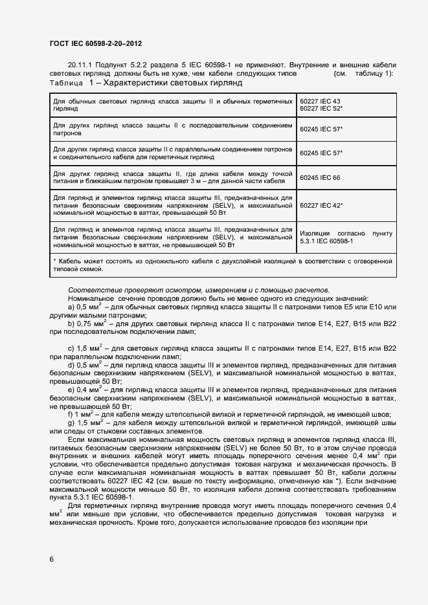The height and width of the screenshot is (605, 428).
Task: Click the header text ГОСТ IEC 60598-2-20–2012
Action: [95, 43]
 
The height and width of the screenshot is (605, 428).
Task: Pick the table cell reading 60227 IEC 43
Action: [320, 102]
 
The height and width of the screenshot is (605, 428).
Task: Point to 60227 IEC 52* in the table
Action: [321, 109]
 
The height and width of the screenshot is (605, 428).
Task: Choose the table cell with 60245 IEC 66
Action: [320, 177]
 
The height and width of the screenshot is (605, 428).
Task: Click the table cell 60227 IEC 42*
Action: [321, 206]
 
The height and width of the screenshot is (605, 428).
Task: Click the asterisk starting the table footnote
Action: [54, 260]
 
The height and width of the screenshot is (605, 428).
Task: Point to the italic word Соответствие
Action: [92, 289]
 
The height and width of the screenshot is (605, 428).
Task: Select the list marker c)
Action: [71, 349]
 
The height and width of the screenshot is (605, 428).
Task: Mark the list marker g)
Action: [71, 423]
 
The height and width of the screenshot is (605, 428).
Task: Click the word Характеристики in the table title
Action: [143, 84]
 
